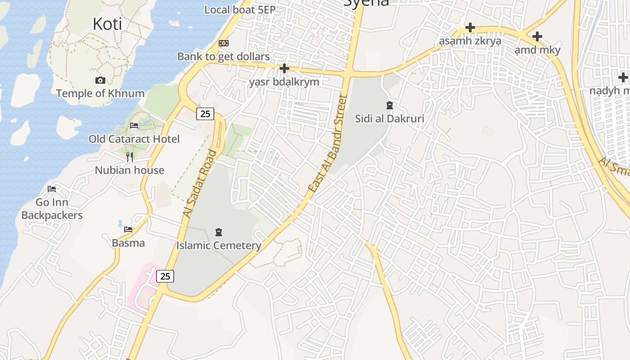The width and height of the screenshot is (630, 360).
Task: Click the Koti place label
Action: tap(107, 24)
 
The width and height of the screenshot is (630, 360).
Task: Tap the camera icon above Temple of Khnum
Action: tap(100, 81)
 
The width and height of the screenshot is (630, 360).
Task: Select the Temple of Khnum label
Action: tap(100, 94)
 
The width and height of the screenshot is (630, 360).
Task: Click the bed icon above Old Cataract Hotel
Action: tap(134, 126)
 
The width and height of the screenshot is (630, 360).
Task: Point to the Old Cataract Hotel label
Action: tap(134, 139)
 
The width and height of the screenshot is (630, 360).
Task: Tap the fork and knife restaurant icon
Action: tap(130, 157)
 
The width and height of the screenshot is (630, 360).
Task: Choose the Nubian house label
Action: tap(130, 170)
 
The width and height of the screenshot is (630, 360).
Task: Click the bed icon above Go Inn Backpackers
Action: tap(52, 189)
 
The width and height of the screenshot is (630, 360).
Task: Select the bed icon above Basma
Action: tap(128, 229)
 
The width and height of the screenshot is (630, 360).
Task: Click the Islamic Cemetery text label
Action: tap(219, 246)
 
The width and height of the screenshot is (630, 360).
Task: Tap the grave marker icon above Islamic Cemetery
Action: tap(219, 232)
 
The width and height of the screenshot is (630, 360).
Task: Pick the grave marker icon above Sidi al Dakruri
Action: tap(389, 106)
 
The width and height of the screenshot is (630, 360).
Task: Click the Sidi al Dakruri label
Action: tap(389, 119)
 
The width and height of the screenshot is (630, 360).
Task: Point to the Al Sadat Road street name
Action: tap(200, 184)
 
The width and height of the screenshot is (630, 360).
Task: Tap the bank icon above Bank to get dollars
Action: tap(224, 43)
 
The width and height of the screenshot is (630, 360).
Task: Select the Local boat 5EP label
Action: tap(240, 9)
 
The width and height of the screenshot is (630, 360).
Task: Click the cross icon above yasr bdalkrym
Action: tap(284, 68)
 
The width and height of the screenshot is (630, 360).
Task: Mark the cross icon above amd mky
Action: tap(537, 36)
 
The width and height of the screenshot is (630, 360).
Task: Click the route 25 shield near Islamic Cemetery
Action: tap(165, 276)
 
